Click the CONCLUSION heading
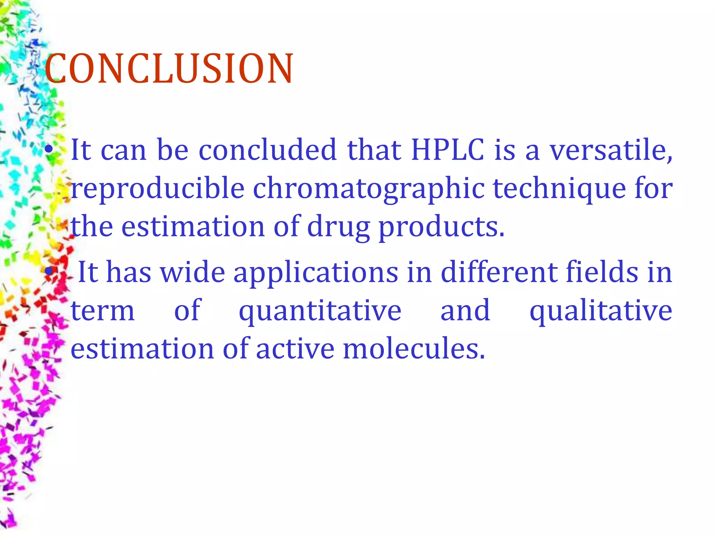coord(169,69)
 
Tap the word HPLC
coord(447,150)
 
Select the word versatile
coord(610,150)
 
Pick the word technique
coord(559,189)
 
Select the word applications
coord(316,273)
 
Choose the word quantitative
coord(320,311)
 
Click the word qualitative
coord(601,311)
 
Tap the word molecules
coord(414,349)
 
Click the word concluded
coord(267,150)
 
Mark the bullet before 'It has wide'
coord(49,271)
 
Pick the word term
coord(103,311)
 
